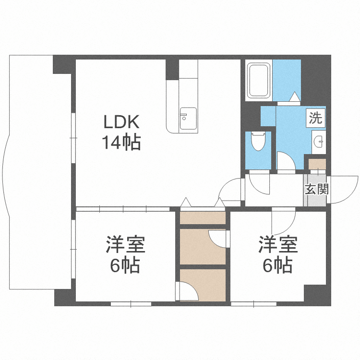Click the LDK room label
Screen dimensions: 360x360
tap(121, 122)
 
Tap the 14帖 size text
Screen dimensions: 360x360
tap(121, 142)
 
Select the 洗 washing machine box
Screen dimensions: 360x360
tap(315, 118)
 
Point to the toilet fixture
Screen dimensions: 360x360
tap(258, 142)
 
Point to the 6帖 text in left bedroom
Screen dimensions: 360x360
tap(125, 265)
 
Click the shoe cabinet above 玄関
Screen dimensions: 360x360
tap(317, 164)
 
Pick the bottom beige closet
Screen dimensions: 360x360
tap(202, 285)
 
